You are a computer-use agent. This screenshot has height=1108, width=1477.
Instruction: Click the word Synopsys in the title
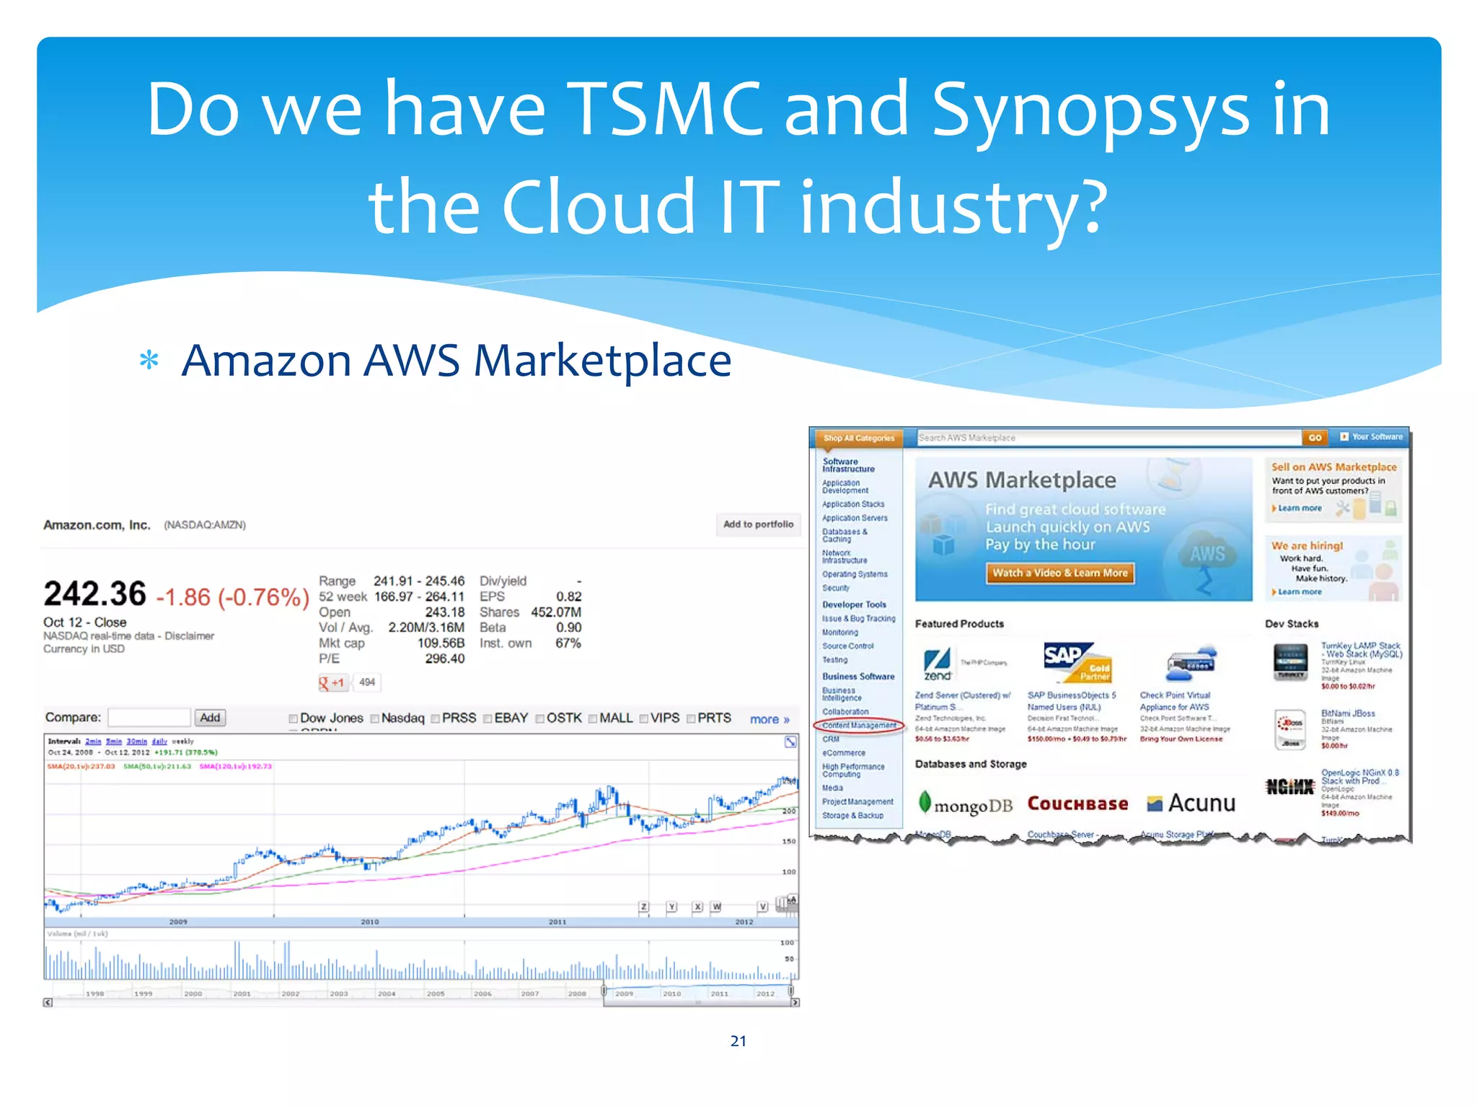click(1090, 110)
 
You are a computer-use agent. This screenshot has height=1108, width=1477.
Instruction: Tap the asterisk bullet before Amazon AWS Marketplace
click(149, 360)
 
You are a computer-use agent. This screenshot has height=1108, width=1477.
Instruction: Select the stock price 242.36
click(94, 594)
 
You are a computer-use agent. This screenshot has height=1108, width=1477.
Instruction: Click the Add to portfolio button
click(758, 524)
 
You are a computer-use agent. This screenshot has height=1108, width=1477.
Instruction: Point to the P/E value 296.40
click(444, 659)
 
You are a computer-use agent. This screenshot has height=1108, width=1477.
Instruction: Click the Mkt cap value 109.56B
click(441, 643)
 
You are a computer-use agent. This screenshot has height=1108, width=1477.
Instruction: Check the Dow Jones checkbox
click(294, 718)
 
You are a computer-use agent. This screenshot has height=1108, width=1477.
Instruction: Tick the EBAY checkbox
click(488, 718)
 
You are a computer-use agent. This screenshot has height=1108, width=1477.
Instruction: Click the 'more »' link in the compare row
click(769, 719)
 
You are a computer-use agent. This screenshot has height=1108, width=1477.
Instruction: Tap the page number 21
click(738, 1041)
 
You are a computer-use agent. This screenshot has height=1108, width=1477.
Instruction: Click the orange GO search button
click(1315, 438)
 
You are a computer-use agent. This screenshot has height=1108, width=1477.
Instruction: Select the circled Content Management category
click(859, 726)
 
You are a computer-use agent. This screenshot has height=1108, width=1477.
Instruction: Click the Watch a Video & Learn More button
click(1059, 573)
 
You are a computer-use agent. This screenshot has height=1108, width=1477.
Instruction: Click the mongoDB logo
click(965, 804)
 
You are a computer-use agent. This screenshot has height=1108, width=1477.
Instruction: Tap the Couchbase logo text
click(1077, 804)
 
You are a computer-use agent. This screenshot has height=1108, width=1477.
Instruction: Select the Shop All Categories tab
click(858, 438)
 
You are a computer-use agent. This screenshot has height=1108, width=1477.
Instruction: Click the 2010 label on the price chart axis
click(369, 922)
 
